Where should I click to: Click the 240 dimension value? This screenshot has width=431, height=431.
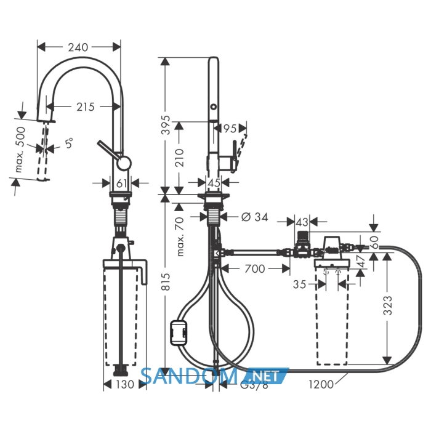click(78, 47)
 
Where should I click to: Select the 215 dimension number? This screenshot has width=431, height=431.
click(85, 107)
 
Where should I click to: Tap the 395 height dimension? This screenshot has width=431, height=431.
click(166, 125)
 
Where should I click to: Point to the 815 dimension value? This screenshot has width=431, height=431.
click(166, 282)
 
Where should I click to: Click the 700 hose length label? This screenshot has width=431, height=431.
click(255, 268)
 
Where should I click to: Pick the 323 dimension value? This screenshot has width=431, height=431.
click(387, 305)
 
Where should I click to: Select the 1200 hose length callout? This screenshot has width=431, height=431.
click(321, 384)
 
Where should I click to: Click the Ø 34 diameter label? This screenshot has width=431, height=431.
click(254, 217)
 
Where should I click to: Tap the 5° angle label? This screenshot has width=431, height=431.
click(69, 143)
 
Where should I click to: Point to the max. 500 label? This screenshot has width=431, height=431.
click(20, 150)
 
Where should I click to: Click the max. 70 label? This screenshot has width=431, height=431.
click(179, 236)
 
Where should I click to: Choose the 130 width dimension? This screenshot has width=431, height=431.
click(124, 384)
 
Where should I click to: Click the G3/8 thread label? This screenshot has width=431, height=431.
click(254, 385)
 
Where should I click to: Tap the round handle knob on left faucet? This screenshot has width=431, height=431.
click(124, 163)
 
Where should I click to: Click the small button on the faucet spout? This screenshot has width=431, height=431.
click(213, 107)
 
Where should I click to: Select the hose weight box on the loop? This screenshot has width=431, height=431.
click(179, 333)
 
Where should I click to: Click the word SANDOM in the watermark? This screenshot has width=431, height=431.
click(189, 376)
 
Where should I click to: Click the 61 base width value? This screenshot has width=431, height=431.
click(121, 183)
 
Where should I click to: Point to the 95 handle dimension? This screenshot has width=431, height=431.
click(230, 128)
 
